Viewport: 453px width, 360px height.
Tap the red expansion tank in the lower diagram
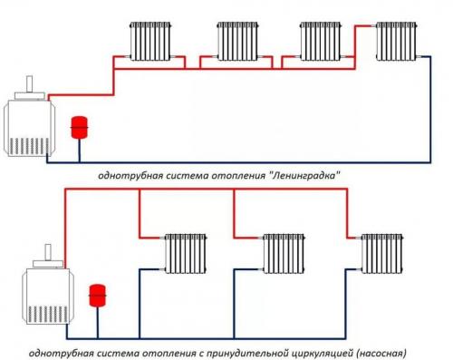(x=94, y=296)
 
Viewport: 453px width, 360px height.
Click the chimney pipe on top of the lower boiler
(x=42, y=253)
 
